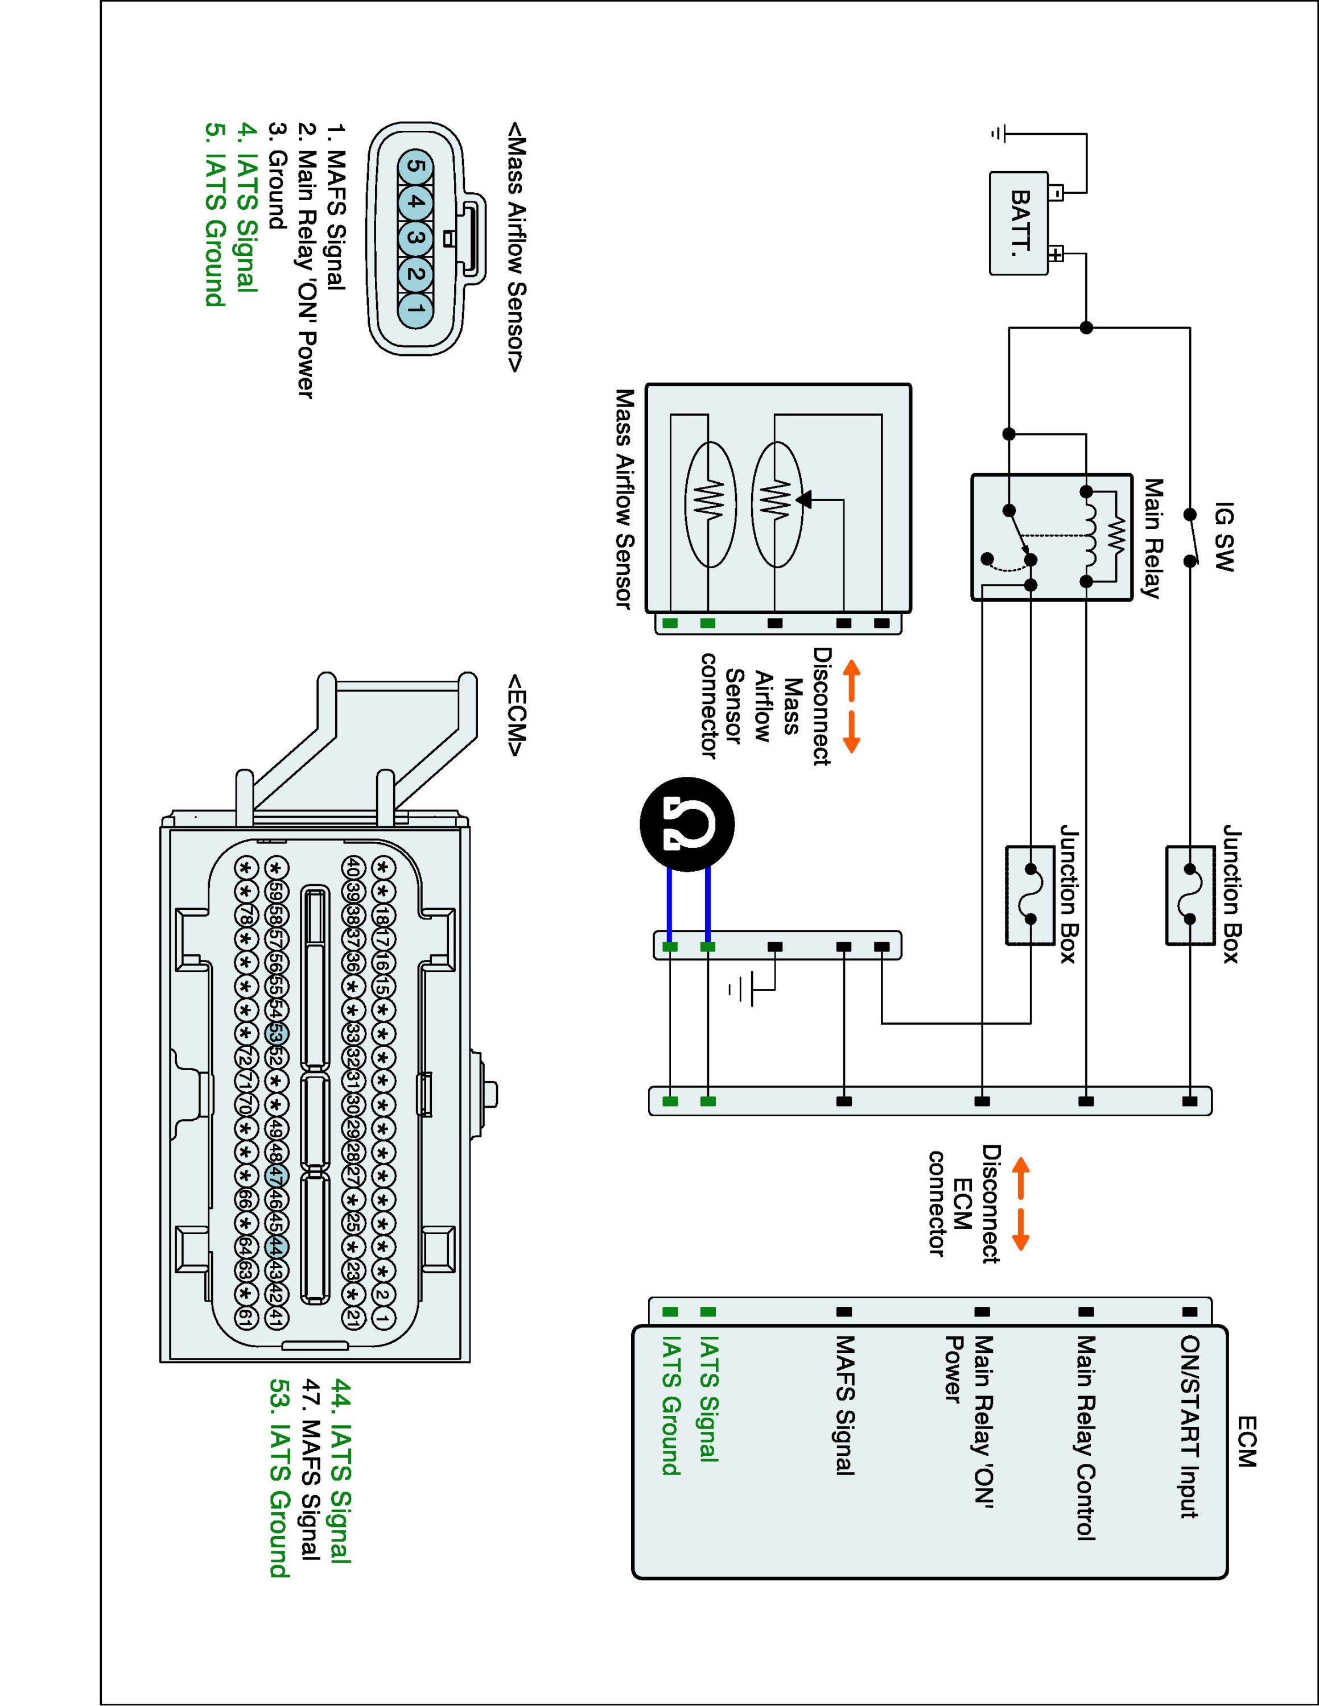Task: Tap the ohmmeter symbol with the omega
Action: [x=687, y=824]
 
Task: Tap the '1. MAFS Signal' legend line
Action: [x=335, y=207]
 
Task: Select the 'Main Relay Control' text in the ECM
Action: [x=1085, y=1437]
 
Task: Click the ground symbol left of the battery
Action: [x=996, y=134]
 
